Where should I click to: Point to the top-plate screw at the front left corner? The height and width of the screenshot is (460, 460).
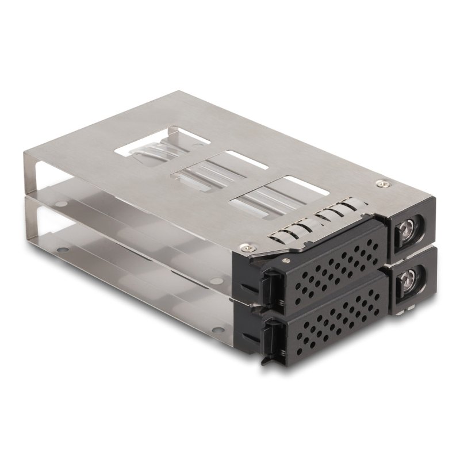tap(247, 247)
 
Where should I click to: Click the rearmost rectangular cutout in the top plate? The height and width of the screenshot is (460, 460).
tap(151, 144)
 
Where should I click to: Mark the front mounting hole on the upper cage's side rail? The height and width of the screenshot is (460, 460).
tap(214, 280)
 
